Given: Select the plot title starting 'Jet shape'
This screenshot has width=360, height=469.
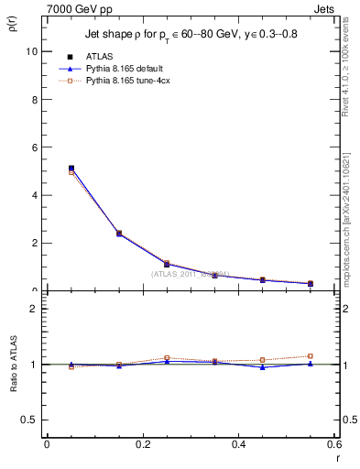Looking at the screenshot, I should [186, 35].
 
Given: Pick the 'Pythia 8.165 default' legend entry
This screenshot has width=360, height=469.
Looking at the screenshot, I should [134, 69].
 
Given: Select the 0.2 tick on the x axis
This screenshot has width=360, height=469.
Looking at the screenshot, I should [142, 444].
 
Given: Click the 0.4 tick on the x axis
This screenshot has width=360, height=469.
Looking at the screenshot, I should [238, 444].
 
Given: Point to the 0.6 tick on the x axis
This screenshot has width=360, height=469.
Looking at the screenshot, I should [333, 444].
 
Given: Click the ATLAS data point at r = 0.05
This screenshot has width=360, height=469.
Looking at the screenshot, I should [71, 169].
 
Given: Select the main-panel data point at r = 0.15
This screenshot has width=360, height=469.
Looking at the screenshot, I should [119, 234].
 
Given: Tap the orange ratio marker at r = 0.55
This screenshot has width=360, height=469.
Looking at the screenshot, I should [311, 355].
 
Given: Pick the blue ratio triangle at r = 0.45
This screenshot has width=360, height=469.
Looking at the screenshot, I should [263, 366].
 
